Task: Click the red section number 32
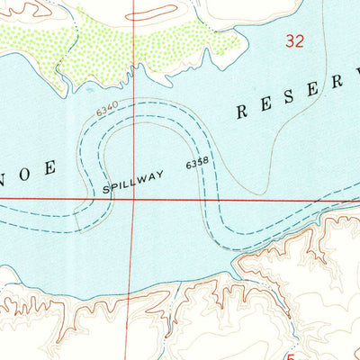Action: [x=294, y=40]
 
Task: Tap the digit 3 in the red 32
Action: [x=290, y=40]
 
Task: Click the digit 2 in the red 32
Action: [x=300, y=40]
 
